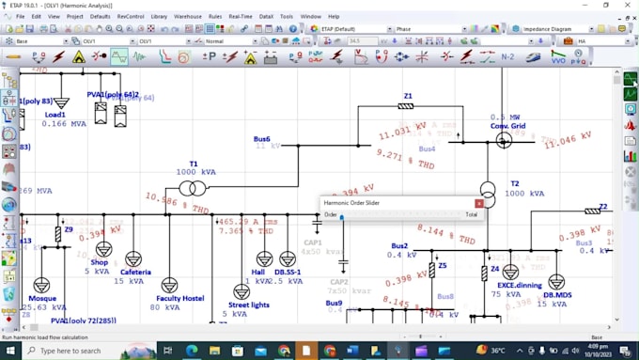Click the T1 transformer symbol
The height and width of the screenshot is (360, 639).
194,188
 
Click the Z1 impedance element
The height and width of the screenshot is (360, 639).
406,106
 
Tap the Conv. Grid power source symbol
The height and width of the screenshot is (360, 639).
505,140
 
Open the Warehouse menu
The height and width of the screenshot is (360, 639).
188,16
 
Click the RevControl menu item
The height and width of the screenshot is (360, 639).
131,16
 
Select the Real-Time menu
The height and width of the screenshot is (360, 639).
240,16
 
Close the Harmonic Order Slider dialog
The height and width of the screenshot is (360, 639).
478,202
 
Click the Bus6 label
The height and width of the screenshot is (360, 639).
261,138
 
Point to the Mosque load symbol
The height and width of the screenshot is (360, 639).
41,285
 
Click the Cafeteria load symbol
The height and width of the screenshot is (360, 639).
133,258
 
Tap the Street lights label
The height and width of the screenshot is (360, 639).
248,305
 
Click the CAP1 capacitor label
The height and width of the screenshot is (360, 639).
313,242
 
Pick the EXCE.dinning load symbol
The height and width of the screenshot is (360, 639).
510,272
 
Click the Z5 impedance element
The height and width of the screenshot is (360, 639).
432,269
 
